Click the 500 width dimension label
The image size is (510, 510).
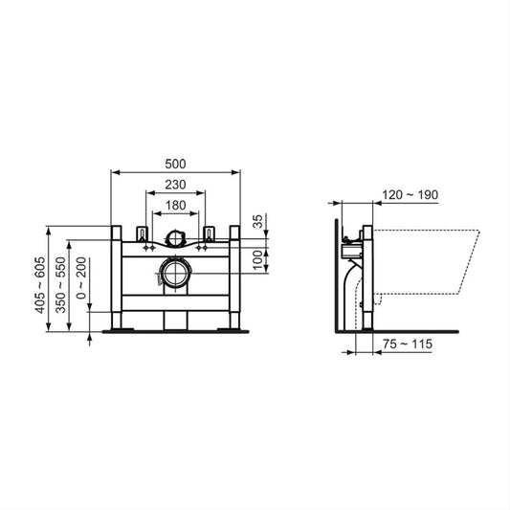click(x=175, y=164)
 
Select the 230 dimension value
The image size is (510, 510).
click(x=175, y=185)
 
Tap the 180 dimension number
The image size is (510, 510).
click(x=176, y=206)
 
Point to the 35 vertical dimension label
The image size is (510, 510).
click(x=257, y=221)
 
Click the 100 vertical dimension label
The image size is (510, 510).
click(x=257, y=260)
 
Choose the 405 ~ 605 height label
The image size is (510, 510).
click(x=40, y=285)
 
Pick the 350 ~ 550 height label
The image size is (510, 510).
click(x=60, y=285)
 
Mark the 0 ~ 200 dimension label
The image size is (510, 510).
click(x=81, y=278)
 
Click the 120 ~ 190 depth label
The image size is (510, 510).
click(x=410, y=195)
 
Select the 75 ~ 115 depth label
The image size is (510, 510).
click(x=408, y=344)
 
